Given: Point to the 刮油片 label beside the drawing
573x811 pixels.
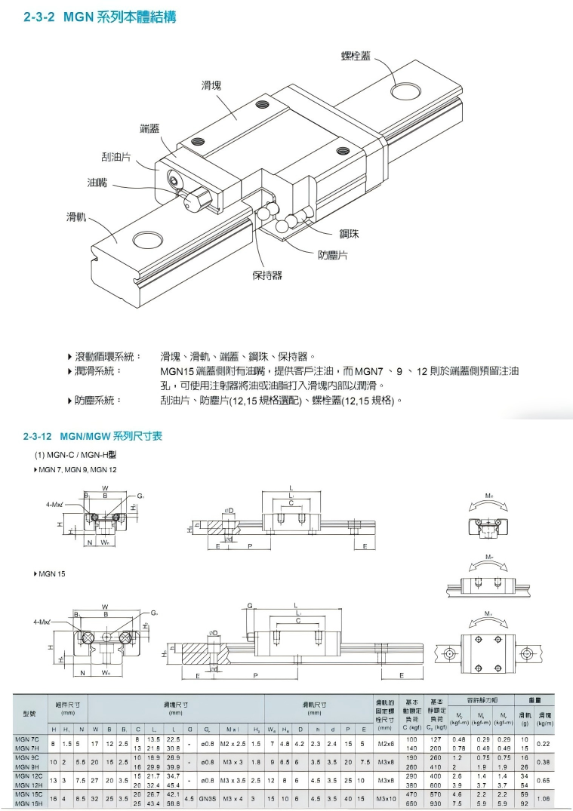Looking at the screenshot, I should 116,156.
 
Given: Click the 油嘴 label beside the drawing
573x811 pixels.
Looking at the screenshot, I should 98,183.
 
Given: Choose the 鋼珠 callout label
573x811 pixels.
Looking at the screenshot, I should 349,234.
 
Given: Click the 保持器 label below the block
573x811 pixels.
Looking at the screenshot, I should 266,275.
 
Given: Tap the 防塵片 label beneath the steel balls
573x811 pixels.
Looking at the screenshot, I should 332,255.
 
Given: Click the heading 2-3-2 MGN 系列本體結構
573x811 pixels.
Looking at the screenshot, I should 100,17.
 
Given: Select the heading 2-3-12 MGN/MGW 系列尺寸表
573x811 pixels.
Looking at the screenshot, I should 93,436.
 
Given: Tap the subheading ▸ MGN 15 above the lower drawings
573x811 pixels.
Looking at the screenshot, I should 50,574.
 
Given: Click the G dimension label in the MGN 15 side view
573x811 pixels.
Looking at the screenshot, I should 250,605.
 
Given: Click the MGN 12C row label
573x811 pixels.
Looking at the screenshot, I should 29,776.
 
